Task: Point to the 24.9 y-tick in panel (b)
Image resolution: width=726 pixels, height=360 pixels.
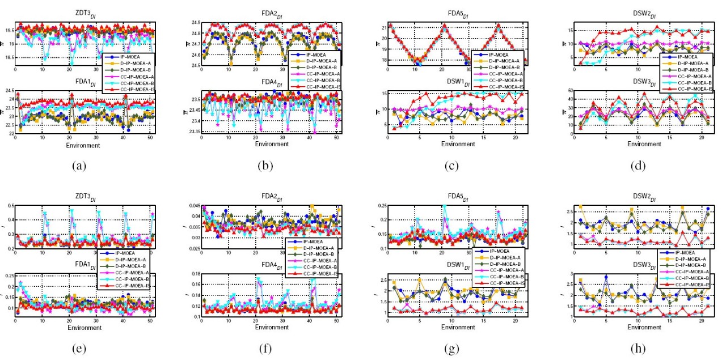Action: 193,22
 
